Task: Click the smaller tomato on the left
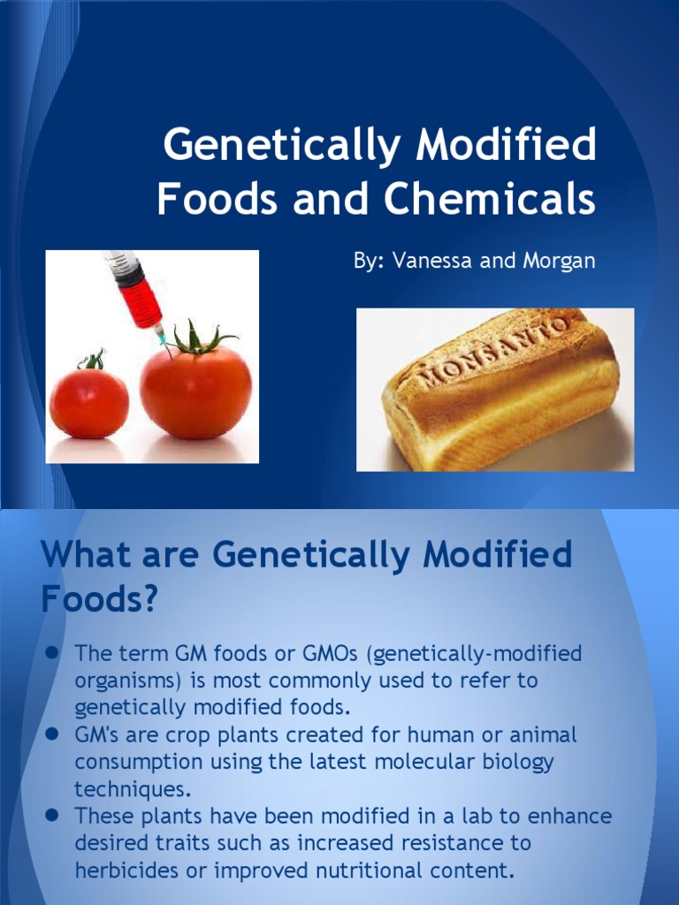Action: pos(88,402)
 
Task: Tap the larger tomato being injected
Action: pos(195,392)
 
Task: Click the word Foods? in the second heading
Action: pos(99,600)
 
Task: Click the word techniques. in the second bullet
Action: pos(131,789)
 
